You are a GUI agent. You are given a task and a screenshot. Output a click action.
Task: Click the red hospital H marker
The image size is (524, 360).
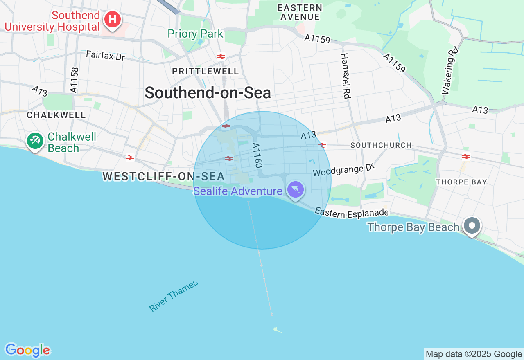(112, 19)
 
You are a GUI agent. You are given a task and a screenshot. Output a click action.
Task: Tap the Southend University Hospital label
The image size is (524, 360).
(52, 21)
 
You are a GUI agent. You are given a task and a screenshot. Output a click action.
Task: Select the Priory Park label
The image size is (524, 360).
(196, 34)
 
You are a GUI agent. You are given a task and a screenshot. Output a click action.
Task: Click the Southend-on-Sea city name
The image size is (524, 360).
(208, 93)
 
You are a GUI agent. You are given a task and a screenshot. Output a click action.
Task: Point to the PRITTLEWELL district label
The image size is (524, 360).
(206, 71)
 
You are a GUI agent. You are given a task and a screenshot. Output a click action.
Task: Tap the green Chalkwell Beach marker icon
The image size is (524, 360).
(35, 141)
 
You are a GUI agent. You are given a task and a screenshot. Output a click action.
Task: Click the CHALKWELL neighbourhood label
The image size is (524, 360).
(56, 115)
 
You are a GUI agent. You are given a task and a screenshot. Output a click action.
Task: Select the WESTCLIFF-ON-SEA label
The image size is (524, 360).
(164, 176)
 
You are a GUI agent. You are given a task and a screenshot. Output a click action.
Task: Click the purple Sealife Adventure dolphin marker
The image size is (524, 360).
(295, 189)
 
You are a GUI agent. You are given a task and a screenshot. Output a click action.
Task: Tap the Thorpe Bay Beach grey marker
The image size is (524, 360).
(472, 225)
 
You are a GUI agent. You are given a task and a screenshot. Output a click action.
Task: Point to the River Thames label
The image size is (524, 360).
(174, 296)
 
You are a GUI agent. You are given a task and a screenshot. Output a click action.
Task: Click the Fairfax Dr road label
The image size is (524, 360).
(105, 55)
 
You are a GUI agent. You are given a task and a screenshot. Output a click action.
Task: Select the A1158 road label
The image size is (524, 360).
(74, 80)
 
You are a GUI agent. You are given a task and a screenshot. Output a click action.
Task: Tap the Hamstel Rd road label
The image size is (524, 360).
(346, 76)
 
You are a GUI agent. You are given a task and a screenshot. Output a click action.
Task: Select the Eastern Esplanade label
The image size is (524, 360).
(352, 213)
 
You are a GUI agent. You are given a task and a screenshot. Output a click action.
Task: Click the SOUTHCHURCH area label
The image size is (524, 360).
(381, 145)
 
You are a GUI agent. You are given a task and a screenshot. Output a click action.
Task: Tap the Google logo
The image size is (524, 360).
(27, 350)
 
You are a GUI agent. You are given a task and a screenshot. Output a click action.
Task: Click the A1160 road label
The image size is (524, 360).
(257, 155)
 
